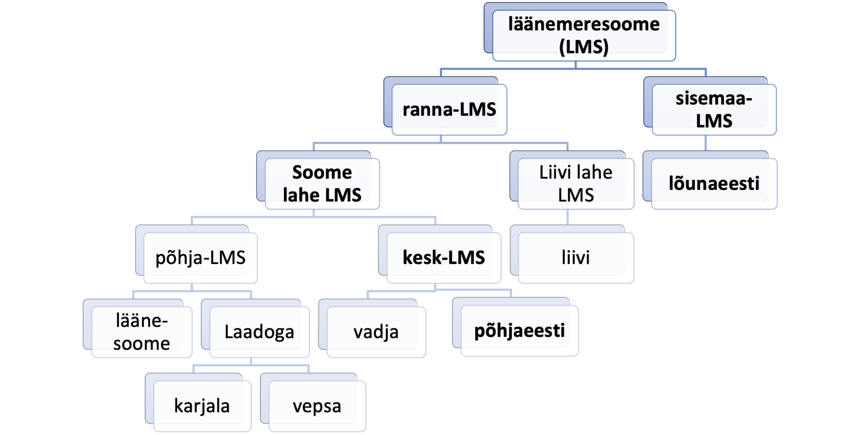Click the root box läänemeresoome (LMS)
584,36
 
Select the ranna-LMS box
449,110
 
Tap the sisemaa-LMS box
714,110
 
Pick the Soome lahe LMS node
322,184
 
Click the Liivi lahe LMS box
576,184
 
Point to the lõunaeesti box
714,184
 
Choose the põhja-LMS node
200,258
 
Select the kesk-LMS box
444,258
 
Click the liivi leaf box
576,258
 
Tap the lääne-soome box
142,332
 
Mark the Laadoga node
259,332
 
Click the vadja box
376,332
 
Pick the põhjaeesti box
519,331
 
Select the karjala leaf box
202,406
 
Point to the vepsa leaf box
317,406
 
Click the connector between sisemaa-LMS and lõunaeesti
705,143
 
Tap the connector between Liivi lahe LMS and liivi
567,217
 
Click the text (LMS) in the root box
584,47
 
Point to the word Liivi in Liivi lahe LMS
554,172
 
